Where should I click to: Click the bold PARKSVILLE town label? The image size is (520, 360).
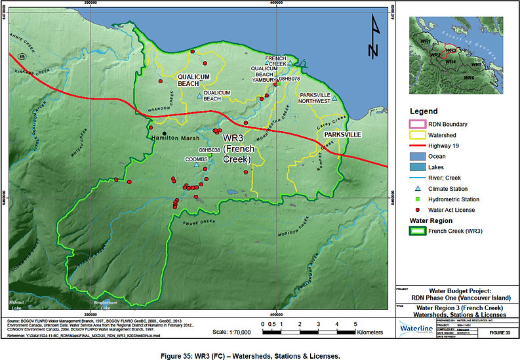tap(339, 134)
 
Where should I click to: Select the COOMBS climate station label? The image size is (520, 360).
tap(196, 159)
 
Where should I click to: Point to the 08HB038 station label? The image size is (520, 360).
tap(209, 150)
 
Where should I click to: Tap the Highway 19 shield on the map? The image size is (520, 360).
tap(22, 49)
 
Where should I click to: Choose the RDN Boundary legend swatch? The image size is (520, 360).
tap(418, 123)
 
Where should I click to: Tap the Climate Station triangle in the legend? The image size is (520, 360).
tap(418, 188)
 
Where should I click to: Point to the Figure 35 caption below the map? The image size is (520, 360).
tap(260, 354)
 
